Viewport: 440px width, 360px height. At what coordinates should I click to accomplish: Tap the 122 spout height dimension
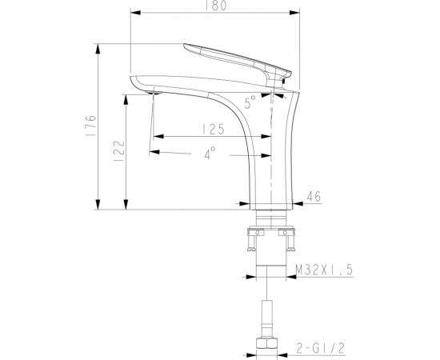coord(119,149)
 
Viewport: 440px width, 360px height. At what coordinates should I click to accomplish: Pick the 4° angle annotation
coord(210,154)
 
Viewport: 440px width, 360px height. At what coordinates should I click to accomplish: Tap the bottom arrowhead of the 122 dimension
coord(127,206)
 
